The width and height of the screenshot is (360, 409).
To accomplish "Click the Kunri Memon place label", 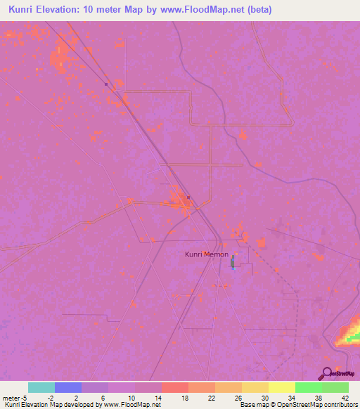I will [x=207, y=254].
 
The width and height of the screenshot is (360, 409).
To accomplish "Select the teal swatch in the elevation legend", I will [x=41, y=387].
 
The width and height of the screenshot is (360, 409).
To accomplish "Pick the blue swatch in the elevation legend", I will [x=68, y=387].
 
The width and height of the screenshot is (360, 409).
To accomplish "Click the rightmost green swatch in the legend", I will [x=335, y=387].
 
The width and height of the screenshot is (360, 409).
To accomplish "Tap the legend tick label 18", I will [x=184, y=397].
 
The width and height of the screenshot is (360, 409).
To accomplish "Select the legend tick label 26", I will [x=237, y=397].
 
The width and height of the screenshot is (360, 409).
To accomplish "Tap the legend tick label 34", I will [x=290, y=397].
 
